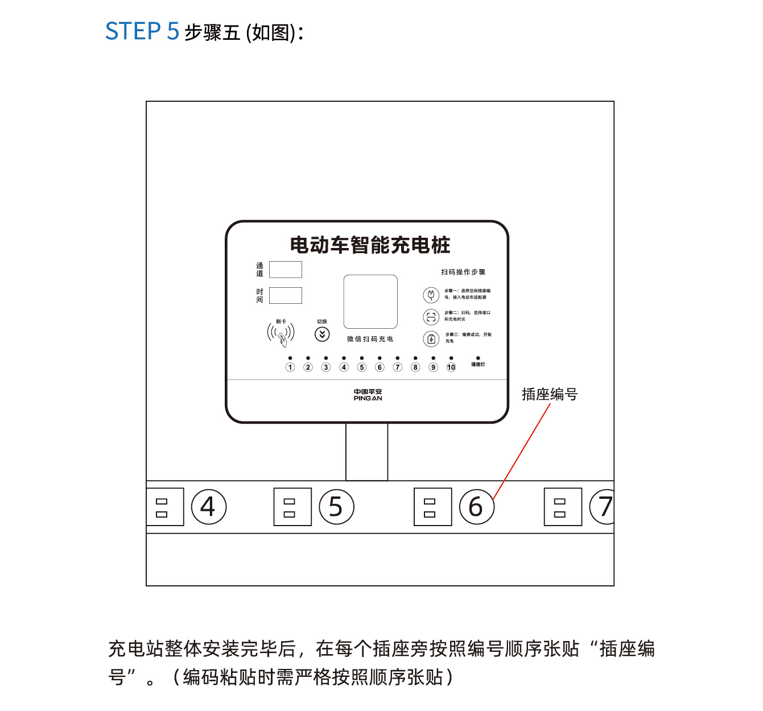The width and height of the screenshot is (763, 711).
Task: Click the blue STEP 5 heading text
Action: coord(142,31)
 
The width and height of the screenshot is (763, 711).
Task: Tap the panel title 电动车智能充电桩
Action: coord(370,245)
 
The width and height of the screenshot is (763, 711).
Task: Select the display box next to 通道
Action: coord(285,270)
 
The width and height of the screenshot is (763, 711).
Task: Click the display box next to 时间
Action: coord(285,296)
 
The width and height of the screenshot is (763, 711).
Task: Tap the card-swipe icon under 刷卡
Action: coord(281,334)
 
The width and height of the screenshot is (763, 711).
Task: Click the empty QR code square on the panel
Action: coord(370,302)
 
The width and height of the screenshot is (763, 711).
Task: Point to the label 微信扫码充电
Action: coord(370,339)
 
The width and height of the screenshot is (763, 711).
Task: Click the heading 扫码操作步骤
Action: coord(463,272)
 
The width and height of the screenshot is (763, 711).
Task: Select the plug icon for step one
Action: coord(431,295)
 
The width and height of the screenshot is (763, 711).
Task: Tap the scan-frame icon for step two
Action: coord(431,317)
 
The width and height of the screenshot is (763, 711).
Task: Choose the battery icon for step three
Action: coord(431,339)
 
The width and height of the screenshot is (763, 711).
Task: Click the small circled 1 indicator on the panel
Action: coord(290,367)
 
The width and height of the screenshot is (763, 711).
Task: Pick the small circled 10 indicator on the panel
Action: coord(451,367)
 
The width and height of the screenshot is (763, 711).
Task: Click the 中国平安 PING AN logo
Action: coord(368,395)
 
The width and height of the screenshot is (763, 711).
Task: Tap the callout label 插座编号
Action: coord(550,394)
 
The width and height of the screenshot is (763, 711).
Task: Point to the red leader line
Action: coord(522,451)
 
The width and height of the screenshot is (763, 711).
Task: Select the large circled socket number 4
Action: coord(209,507)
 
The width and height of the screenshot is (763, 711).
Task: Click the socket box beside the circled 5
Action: coord(292,507)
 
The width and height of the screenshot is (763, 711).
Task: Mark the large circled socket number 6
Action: coord(476,507)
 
